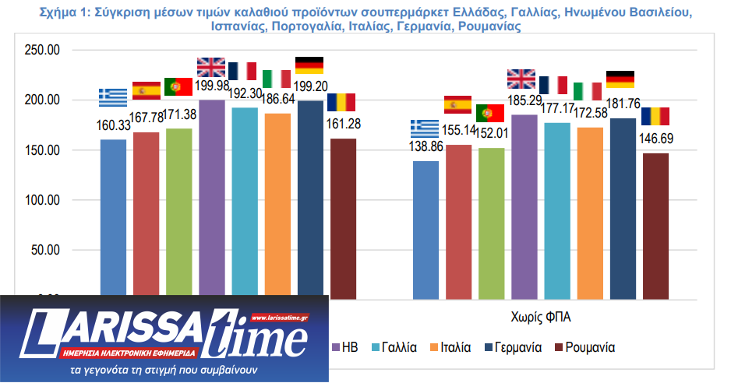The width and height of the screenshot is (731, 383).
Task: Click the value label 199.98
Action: tap(213, 85)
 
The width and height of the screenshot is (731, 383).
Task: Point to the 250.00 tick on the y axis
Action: tap(43, 50)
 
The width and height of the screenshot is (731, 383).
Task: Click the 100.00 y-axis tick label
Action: tap(43, 200)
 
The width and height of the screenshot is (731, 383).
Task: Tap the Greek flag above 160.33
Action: tap(113, 97)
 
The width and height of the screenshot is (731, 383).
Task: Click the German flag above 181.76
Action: tap(620, 79)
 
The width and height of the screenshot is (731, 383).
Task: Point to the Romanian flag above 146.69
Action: tap(655, 116)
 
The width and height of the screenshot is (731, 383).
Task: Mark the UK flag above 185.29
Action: tap(521, 79)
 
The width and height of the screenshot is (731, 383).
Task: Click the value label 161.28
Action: tap(344, 123)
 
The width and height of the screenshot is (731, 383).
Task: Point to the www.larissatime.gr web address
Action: tap(280, 318)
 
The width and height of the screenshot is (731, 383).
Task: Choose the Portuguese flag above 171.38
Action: tap(178, 86)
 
